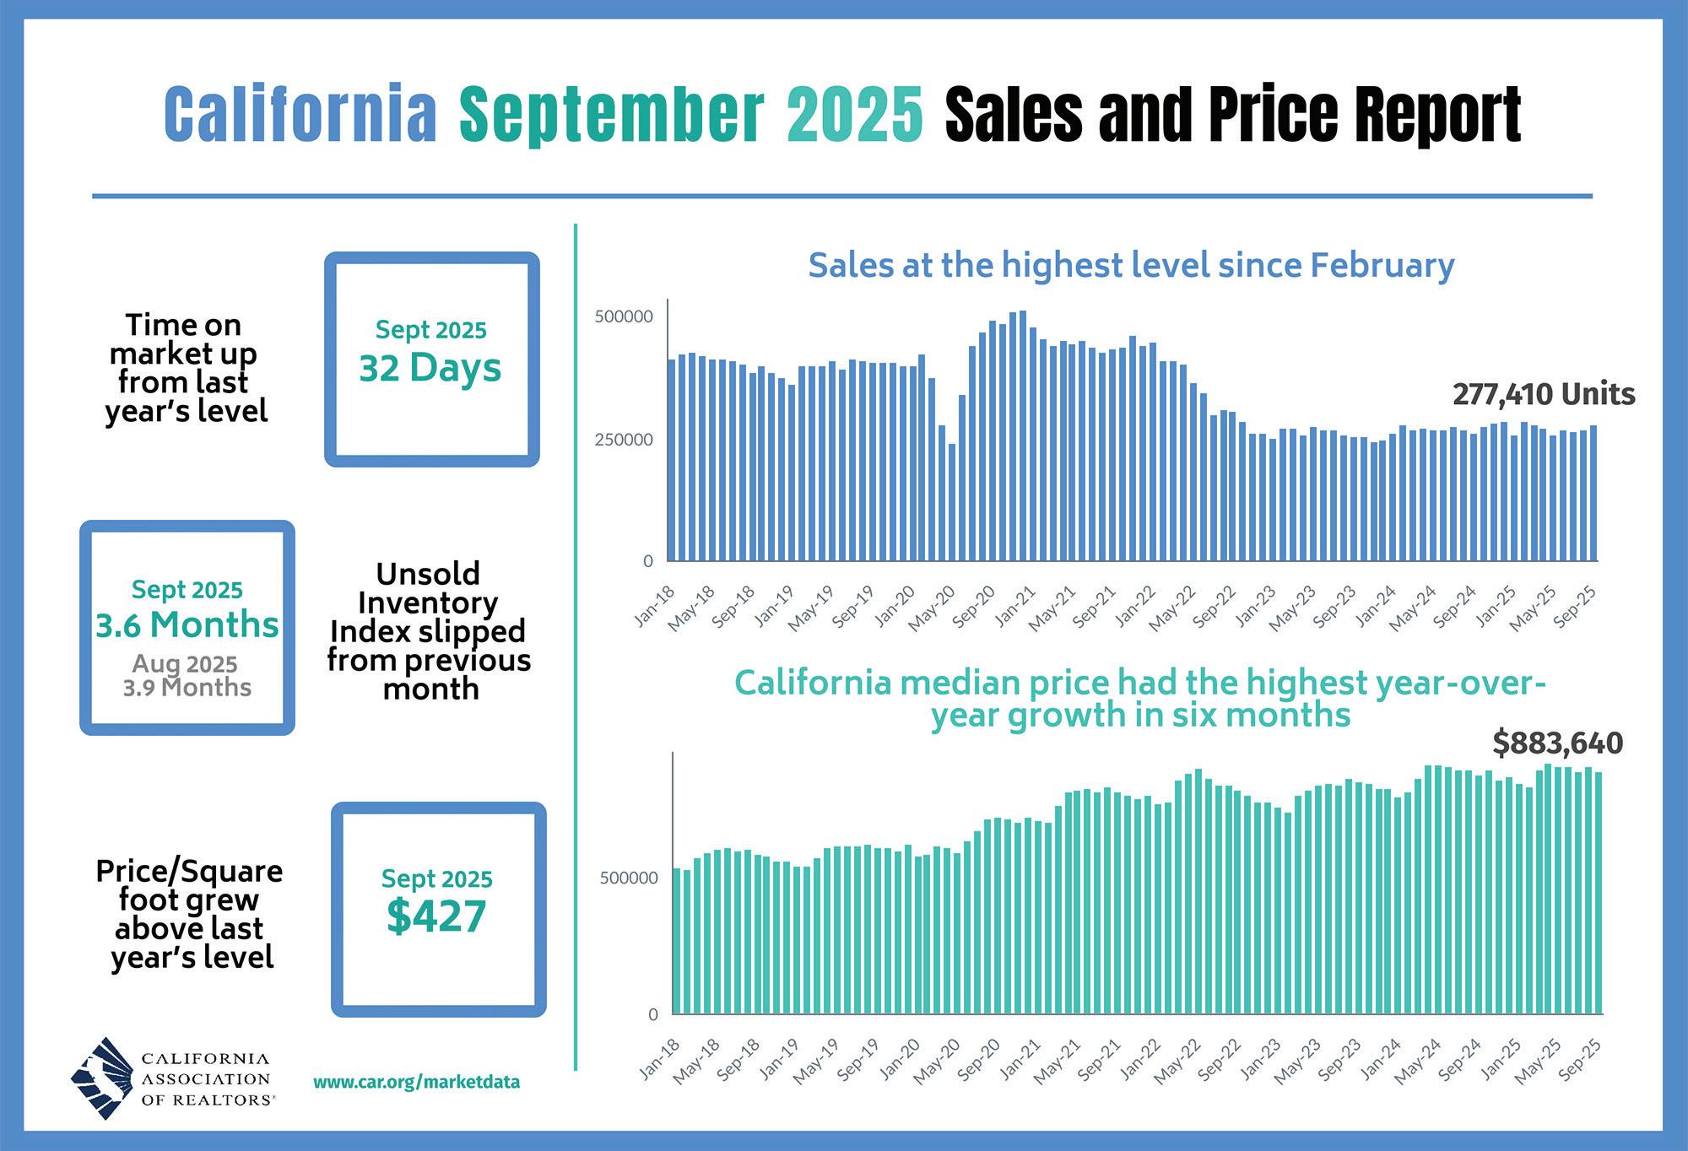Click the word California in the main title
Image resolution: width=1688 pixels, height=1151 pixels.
[x=300, y=114]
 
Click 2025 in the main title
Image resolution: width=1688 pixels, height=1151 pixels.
[x=855, y=114]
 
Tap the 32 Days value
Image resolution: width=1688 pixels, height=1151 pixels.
[x=430, y=369]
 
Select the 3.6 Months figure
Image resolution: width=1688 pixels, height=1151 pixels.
[x=187, y=625]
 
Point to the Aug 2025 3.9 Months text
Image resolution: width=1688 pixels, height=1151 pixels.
[x=187, y=676]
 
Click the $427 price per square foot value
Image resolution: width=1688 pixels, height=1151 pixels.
[x=436, y=917]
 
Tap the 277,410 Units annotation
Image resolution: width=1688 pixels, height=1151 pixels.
[x=1544, y=394]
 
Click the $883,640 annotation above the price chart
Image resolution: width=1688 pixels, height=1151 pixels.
[x=1557, y=743]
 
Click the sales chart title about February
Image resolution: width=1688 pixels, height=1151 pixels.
[x=1131, y=265]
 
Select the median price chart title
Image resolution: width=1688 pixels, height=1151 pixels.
[x=1140, y=699]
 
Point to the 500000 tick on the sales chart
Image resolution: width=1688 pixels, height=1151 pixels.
[x=624, y=317]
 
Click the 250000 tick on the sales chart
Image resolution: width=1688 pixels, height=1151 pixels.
[x=624, y=440]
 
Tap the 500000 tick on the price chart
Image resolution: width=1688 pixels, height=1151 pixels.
[x=629, y=878]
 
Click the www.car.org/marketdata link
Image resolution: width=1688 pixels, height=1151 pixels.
[x=416, y=1082]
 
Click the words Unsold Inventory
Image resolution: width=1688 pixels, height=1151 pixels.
[x=428, y=588]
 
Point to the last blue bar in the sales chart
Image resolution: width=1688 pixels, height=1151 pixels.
[x=1593, y=493]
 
